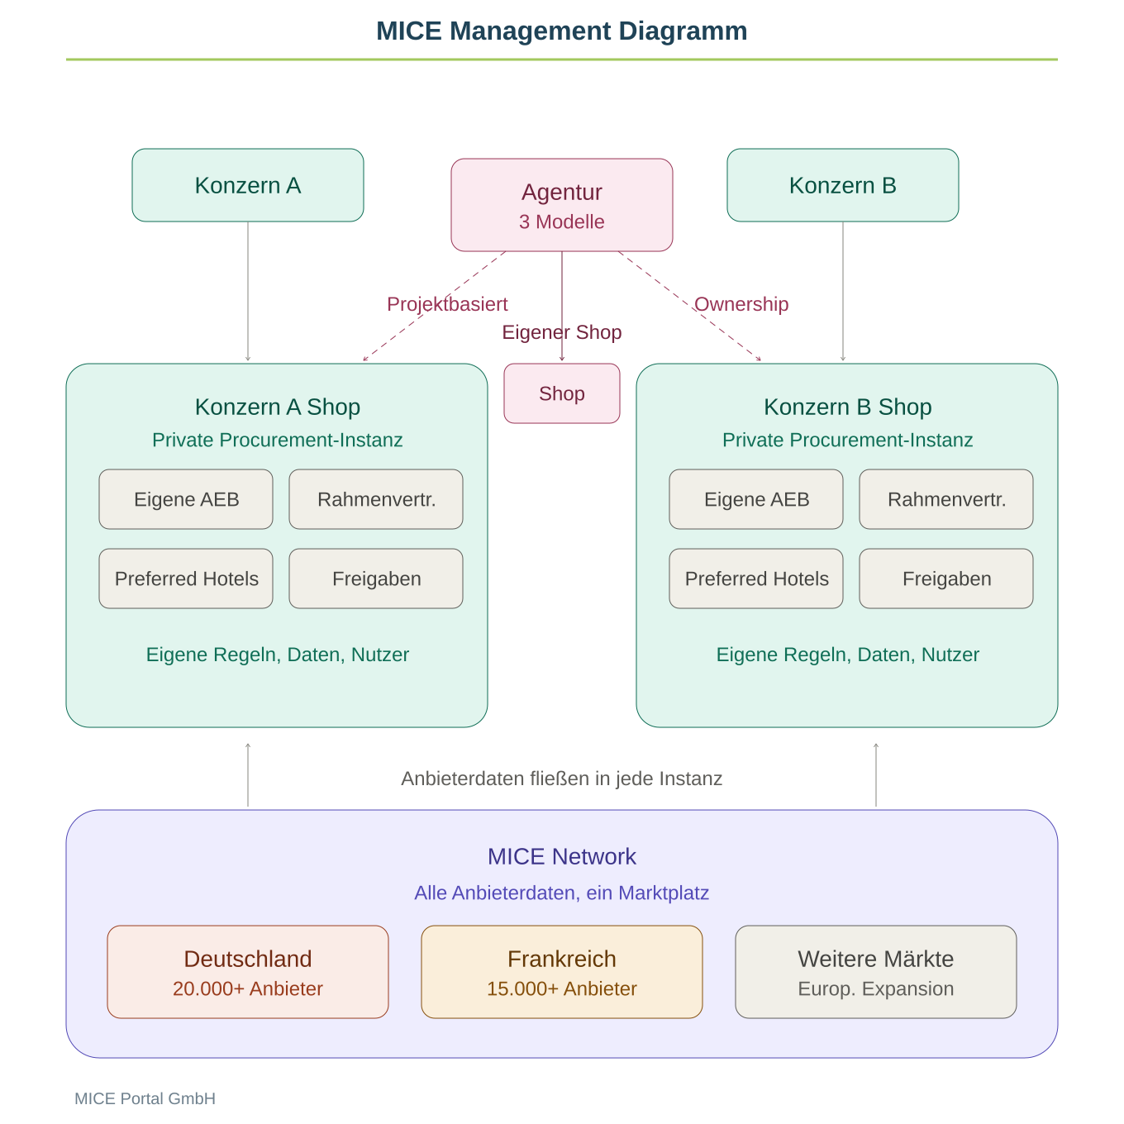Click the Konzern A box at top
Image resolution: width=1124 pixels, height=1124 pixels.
point(248,185)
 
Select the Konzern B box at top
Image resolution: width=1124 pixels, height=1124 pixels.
point(843,185)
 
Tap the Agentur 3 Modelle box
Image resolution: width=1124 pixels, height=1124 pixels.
point(562,205)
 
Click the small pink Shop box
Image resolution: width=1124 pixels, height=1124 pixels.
point(562,393)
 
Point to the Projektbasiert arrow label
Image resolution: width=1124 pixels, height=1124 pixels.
point(447,304)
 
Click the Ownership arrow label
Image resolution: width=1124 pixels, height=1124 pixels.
point(741,304)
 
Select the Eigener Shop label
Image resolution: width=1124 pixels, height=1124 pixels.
point(562,332)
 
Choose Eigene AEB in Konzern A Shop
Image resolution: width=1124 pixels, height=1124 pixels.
point(186,499)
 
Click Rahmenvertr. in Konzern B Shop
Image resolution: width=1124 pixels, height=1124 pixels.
point(946,499)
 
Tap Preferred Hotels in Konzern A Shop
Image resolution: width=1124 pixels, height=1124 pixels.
point(186,579)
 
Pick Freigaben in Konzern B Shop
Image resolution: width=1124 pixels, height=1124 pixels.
point(946,579)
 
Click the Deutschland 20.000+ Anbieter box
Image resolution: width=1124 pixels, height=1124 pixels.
point(248,972)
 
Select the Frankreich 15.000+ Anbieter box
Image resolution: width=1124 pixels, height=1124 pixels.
point(562,972)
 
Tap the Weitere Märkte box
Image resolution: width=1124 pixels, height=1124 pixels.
point(876,972)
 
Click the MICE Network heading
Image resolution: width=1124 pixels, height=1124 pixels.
point(562,856)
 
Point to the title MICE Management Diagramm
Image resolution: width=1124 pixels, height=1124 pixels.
point(562,31)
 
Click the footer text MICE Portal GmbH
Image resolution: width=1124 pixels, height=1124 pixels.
point(145,1098)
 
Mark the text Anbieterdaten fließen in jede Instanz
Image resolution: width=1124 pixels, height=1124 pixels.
point(562,779)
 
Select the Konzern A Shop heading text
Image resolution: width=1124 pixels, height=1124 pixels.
point(278,407)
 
